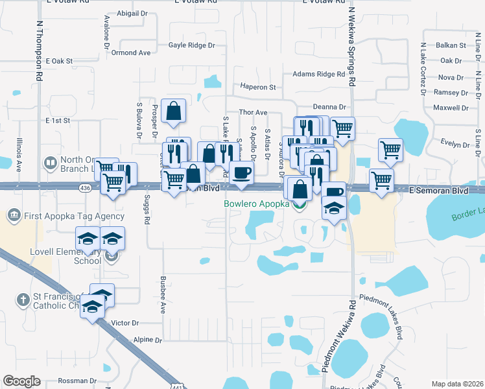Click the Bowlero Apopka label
pos(256,204)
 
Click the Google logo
pos(21,381)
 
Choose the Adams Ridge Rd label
pos(318,75)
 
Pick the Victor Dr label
pos(125,323)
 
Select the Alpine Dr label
pos(147,340)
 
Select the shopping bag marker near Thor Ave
pos(174,111)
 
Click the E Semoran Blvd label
pos(438,191)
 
